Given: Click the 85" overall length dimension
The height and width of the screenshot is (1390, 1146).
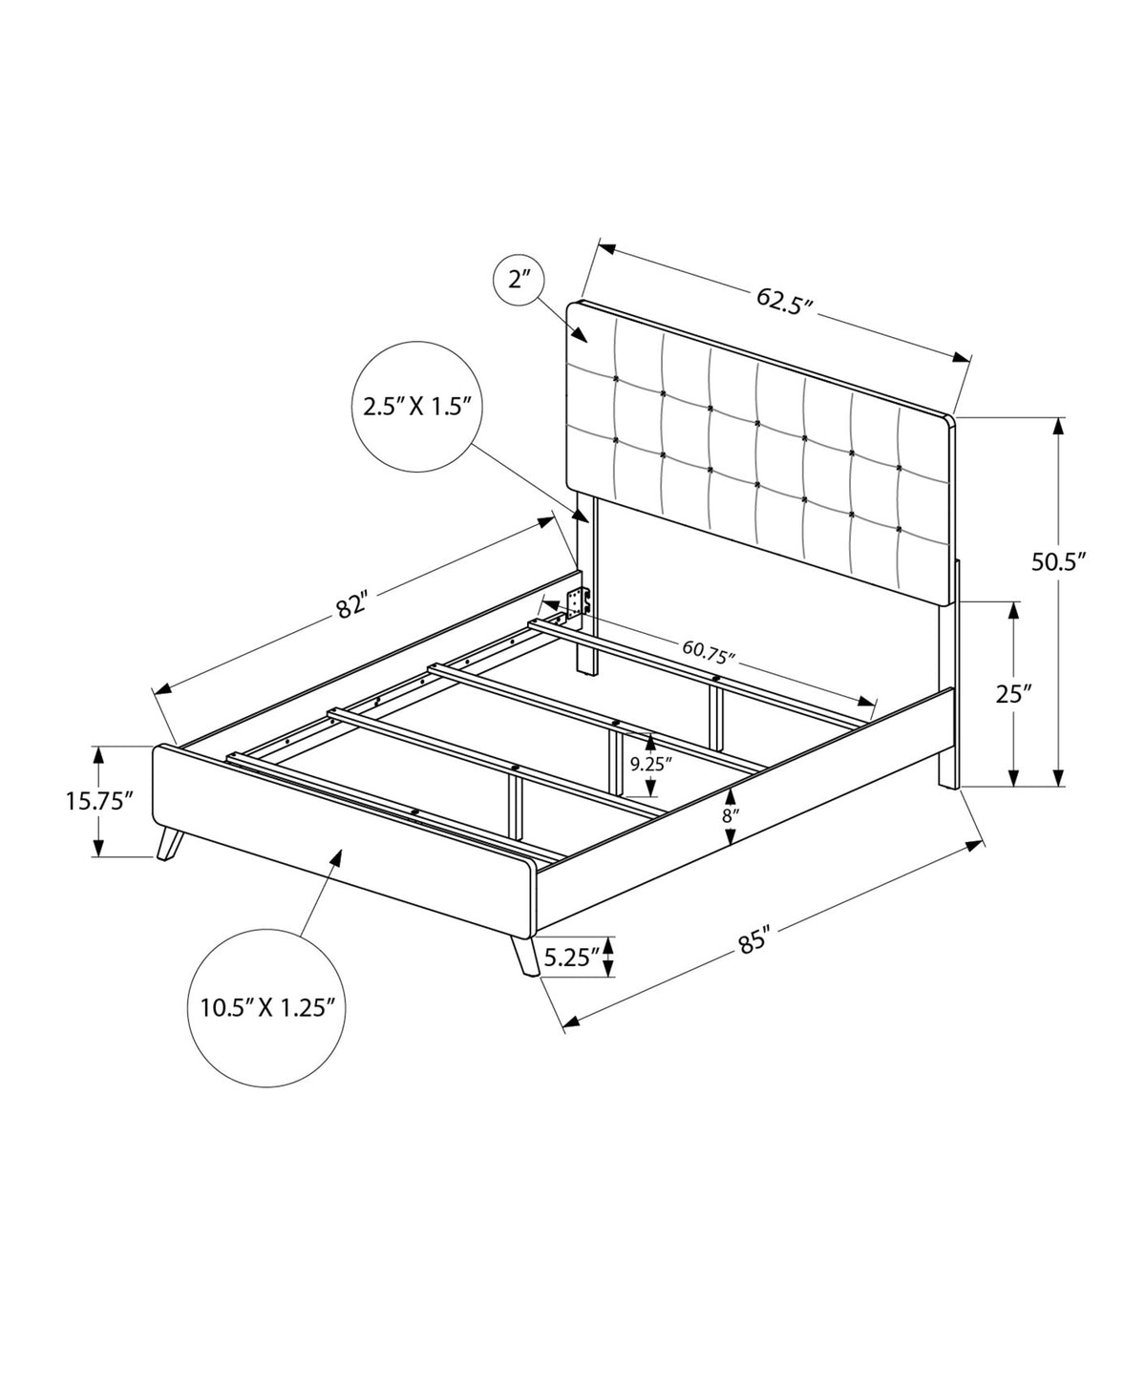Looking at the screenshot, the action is click(x=753, y=942).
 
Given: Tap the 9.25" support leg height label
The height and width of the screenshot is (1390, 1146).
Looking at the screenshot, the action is click(x=647, y=764).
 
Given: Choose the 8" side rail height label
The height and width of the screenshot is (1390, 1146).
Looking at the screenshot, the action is click(x=731, y=815).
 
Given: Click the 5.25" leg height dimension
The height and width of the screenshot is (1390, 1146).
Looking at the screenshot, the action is click(x=572, y=958).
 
